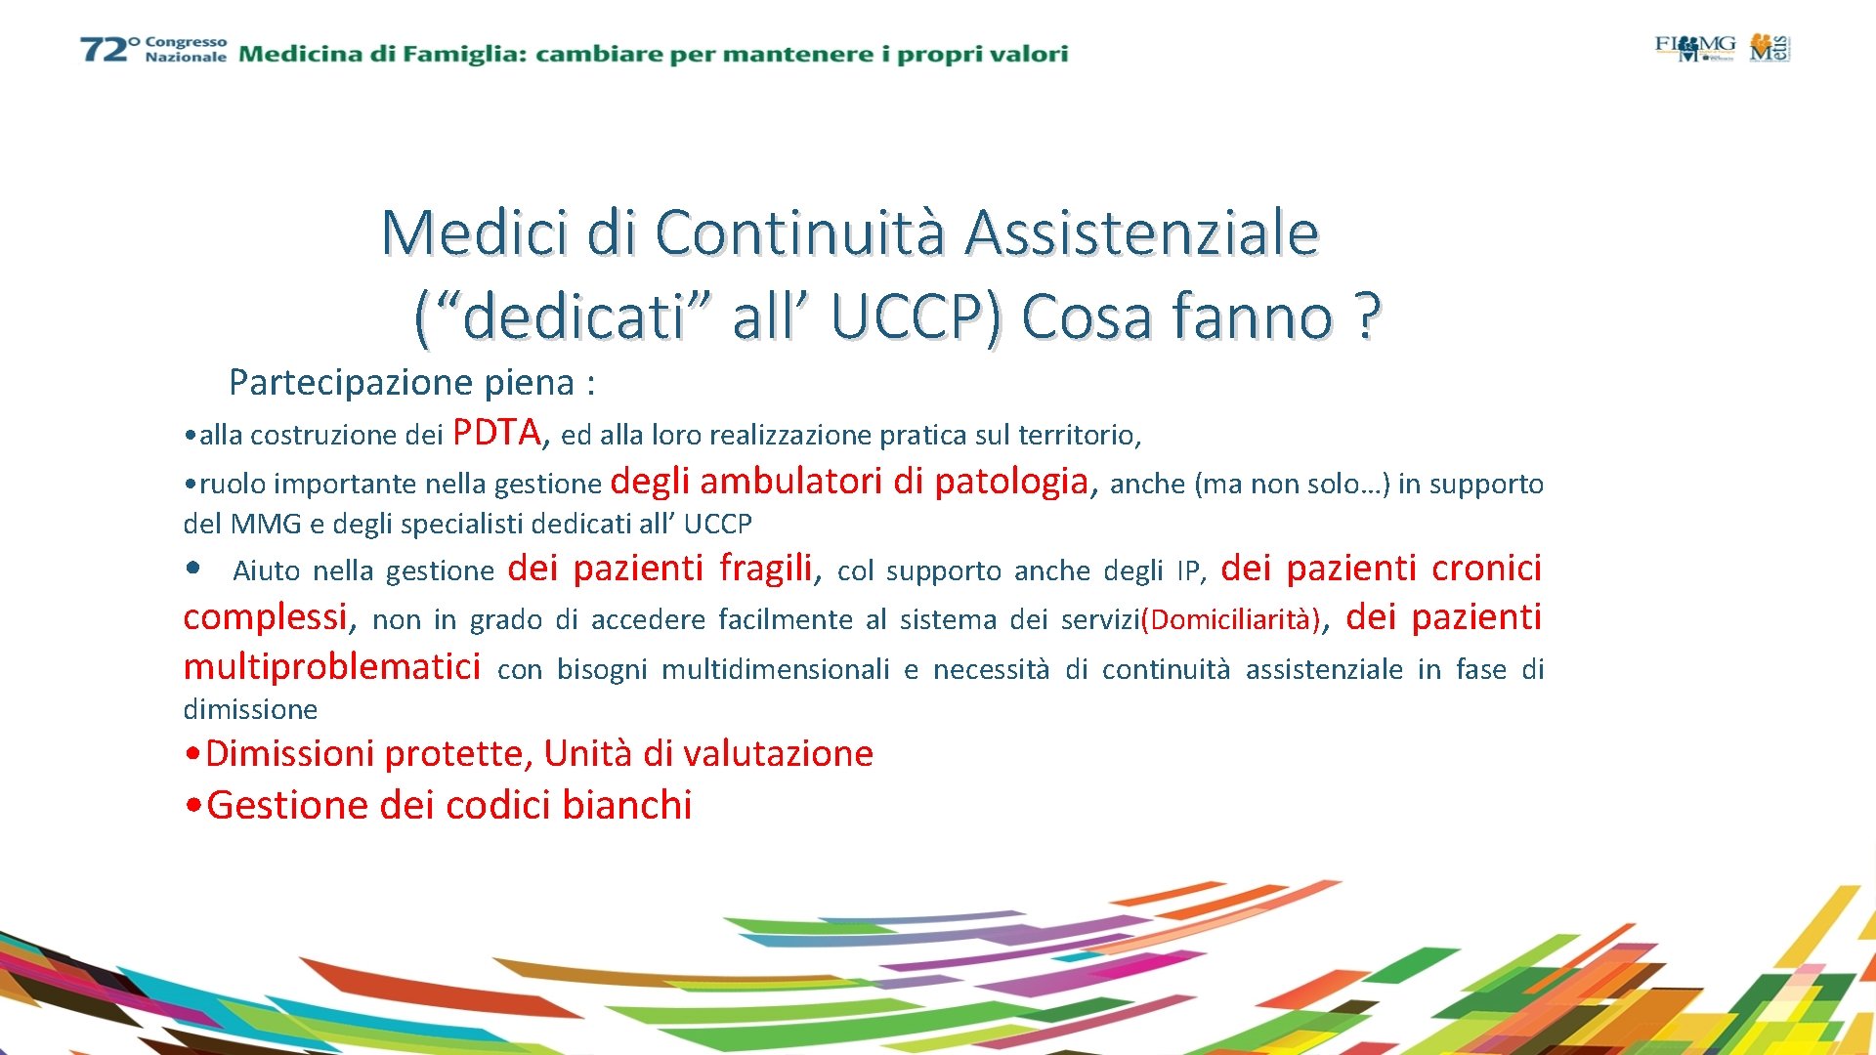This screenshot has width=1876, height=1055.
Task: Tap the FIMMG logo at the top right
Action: [1694, 47]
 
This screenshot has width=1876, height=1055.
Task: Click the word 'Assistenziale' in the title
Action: [1141, 232]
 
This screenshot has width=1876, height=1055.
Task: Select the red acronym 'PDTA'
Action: [496, 432]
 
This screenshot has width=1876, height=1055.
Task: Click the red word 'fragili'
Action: [766, 568]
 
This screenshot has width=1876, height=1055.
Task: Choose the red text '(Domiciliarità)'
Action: [1230, 619]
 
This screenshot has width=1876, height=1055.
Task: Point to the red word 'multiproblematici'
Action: [331, 666]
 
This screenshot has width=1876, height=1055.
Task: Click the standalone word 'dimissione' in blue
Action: [250, 709]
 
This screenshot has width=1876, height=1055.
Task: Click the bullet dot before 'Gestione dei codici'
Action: [193, 806]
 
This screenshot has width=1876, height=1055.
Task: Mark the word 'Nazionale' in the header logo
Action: [186, 58]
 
